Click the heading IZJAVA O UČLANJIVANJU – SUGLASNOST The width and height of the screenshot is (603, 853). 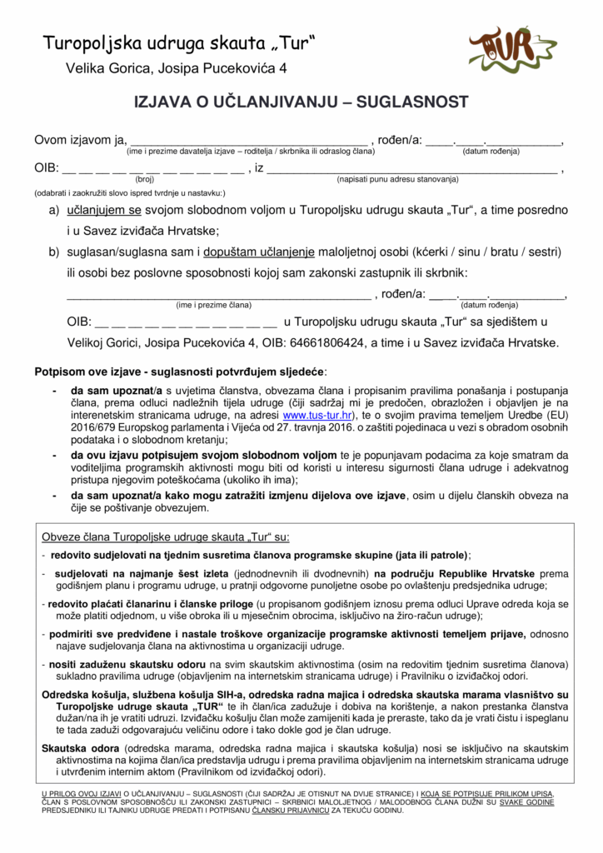[x=301, y=102]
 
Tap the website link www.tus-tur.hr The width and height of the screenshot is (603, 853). [x=319, y=415]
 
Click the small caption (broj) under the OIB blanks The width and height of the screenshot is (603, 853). [x=144, y=179]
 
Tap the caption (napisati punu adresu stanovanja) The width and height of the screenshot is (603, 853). [x=397, y=179]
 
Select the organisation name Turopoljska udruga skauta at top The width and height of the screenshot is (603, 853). [x=178, y=42]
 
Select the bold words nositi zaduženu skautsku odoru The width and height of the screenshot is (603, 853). [x=127, y=664]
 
